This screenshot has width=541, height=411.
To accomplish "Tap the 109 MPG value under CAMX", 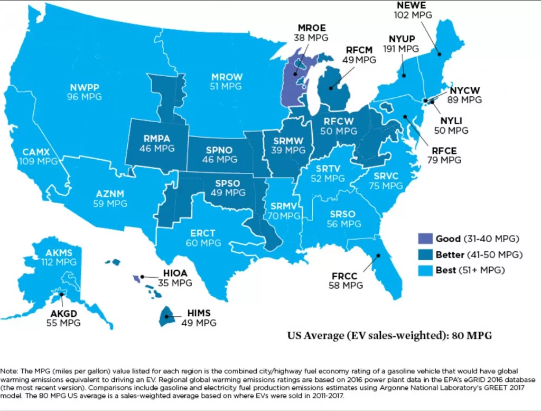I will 40,161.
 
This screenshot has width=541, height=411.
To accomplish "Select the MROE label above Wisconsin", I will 311,28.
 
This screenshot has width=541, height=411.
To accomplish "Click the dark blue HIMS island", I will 167,316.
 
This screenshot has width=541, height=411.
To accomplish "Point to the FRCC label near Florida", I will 345,276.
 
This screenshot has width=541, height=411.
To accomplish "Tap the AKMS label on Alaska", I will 59,252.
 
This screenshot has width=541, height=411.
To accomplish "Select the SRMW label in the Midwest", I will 288,141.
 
